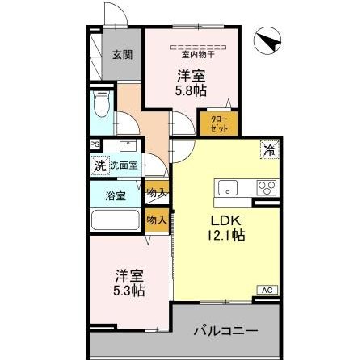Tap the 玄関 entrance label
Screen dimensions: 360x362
[x=122, y=56]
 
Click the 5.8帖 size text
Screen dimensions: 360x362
[x=192, y=90]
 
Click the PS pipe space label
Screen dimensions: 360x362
[x=95, y=145]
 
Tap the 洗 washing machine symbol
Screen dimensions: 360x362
[x=99, y=165]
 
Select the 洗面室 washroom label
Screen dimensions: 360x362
[x=124, y=165]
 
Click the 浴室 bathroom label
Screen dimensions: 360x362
[x=116, y=195]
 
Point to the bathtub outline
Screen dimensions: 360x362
[x=116, y=220]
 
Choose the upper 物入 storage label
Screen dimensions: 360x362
[x=156, y=193]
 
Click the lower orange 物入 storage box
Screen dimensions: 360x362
[x=156, y=220]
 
